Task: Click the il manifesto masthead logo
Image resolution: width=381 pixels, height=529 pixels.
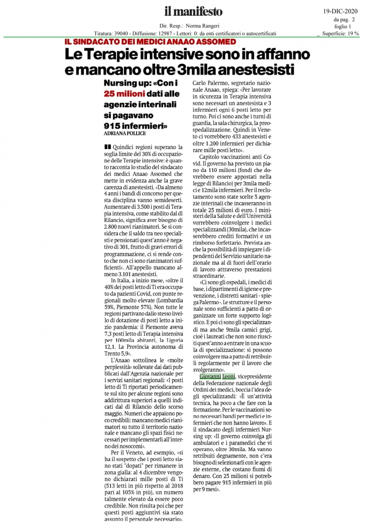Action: point(193,11)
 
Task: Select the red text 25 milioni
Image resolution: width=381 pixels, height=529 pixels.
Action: point(124,93)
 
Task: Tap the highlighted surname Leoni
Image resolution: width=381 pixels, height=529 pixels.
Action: point(228,376)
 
